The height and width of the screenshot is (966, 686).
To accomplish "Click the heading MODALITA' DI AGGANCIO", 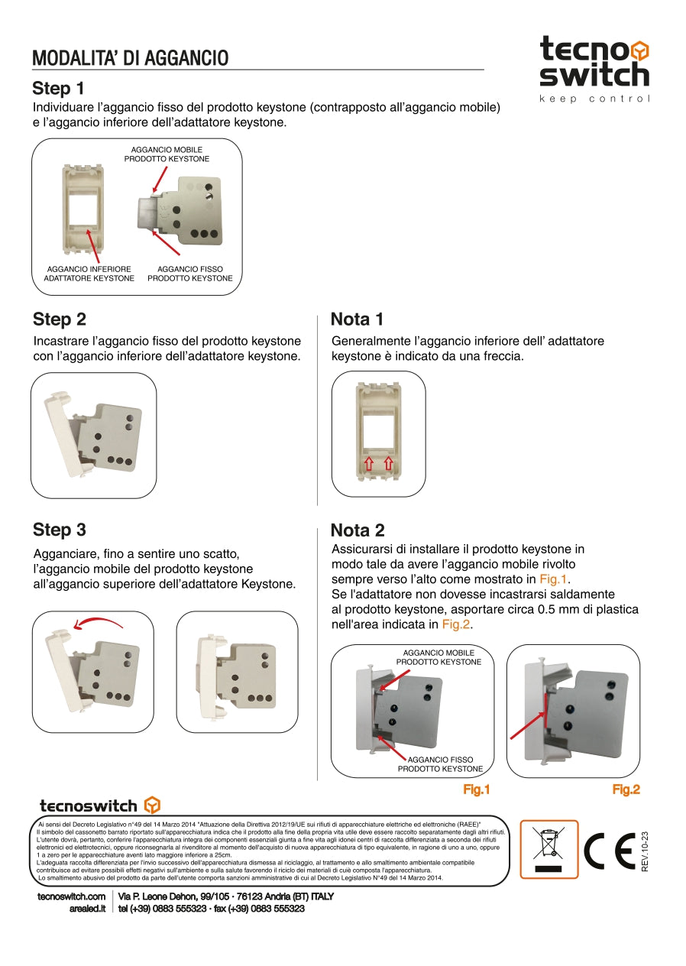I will click(x=131, y=58).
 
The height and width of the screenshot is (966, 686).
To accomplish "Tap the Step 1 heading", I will click(x=59, y=88).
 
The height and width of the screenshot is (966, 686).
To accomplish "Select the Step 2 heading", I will click(x=60, y=319).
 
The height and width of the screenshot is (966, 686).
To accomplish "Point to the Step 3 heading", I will click(x=60, y=530).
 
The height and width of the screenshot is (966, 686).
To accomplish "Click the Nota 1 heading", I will click(x=358, y=319).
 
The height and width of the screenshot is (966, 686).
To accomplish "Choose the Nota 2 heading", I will click(x=358, y=530).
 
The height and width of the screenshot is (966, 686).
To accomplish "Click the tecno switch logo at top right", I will click(x=594, y=63).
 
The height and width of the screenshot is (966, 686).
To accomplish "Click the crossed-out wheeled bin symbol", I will click(x=549, y=849).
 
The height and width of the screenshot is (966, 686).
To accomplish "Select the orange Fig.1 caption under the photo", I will click(x=476, y=790).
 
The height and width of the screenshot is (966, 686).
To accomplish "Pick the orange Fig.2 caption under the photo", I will click(x=626, y=790).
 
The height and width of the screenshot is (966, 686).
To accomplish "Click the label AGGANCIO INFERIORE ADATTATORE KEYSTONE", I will click(x=90, y=274).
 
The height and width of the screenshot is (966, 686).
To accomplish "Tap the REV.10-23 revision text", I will click(x=645, y=851).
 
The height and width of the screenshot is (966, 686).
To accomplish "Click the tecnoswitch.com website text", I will click(x=71, y=896).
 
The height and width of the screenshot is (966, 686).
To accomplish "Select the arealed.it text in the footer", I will click(x=86, y=909).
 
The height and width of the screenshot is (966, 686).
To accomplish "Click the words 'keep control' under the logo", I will click(x=594, y=99).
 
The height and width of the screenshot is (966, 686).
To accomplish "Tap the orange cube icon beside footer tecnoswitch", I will click(x=152, y=805).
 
